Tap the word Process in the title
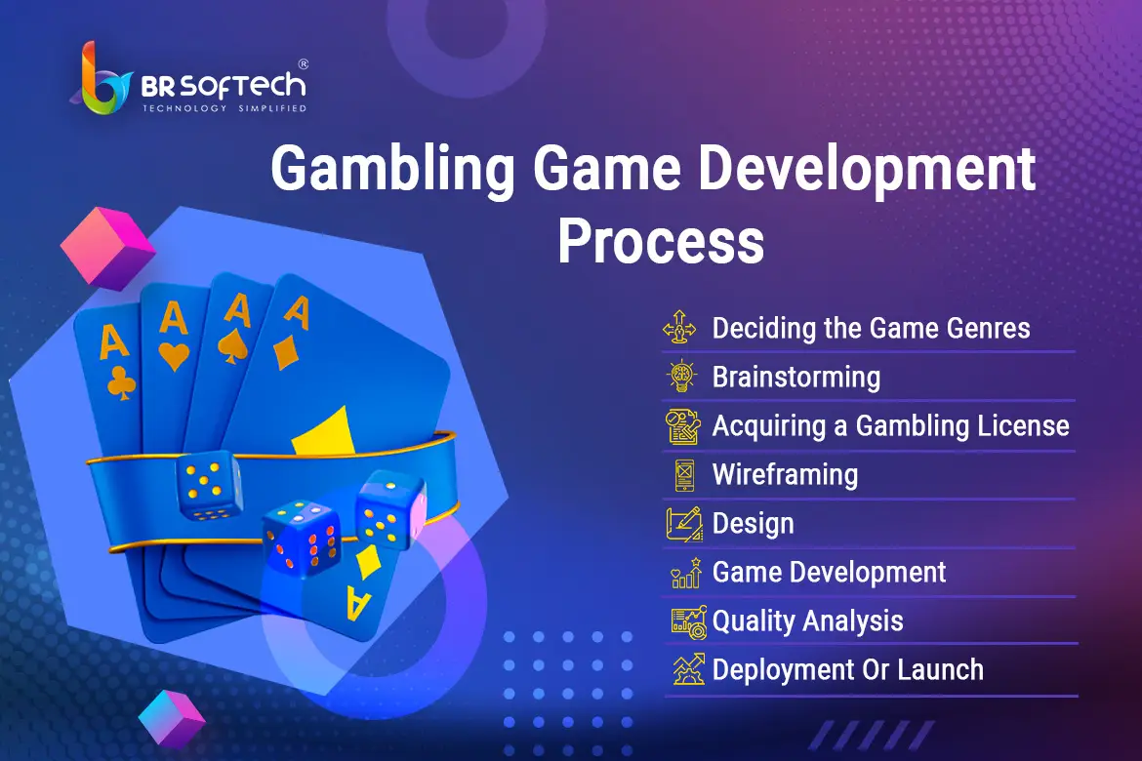(662, 241)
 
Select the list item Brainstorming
(796, 378)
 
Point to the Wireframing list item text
(785, 475)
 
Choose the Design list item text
(754, 524)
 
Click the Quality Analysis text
(808, 621)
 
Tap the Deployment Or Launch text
(848, 670)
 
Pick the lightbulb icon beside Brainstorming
(681, 376)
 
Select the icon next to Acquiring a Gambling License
(683, 426)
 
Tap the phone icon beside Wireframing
(684, 475)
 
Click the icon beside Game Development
(686, 573)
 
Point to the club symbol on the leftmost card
(121, 383)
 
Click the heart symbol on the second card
(174, 356)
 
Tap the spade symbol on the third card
(233, 346)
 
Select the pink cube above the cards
(107, 249)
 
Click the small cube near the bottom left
(172, 719)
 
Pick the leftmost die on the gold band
(209, 484)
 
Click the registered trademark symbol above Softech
(303, 64)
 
